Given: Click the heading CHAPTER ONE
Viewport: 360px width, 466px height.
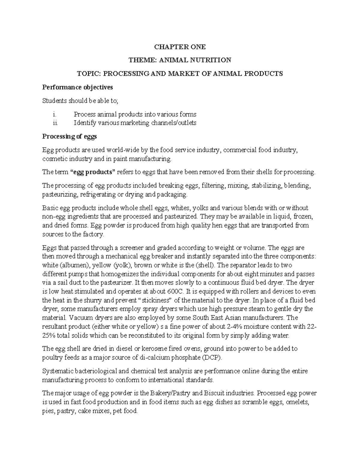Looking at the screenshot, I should click(x=180, y=47).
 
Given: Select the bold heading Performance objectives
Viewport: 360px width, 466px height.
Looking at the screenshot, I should click(x=77, y=87).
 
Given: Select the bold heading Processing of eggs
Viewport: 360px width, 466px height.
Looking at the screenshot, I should click(x=69, y=137).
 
